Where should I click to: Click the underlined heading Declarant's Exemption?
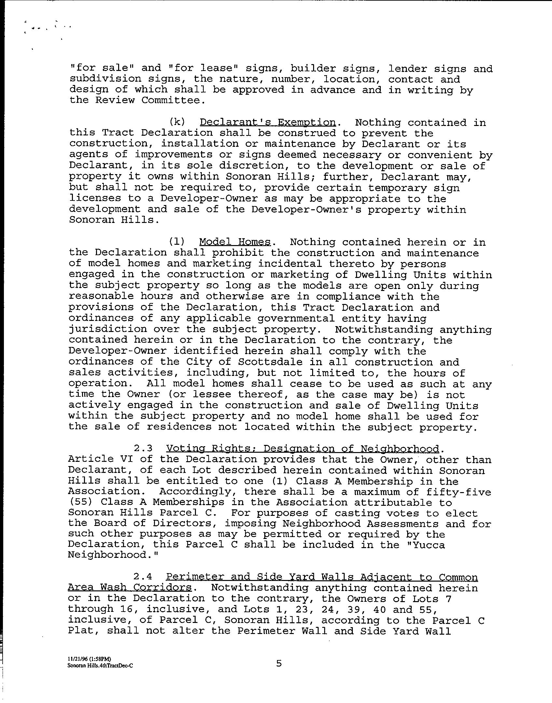(267, 123)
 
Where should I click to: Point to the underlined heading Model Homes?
(235, 242)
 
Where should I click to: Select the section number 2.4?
(143, 577)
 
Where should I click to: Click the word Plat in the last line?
(81, 631)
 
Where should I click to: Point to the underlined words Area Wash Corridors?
(130, 588)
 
